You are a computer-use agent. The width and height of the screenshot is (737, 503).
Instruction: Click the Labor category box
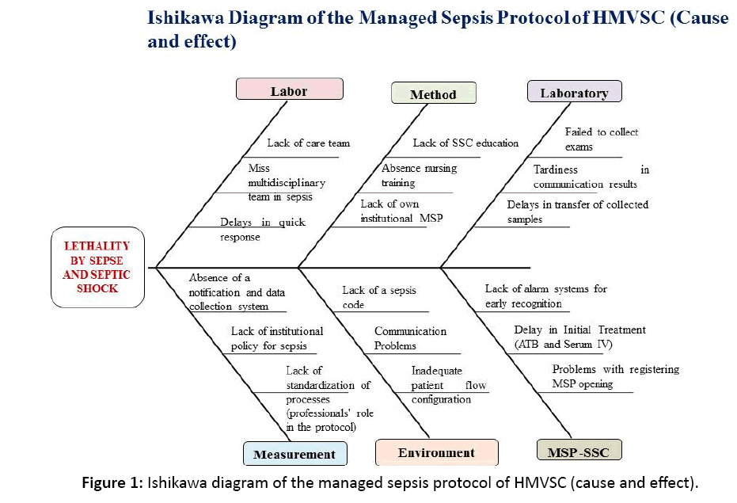(x=289, y=90)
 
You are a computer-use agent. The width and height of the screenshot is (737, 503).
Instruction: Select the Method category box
(x=433, y=94)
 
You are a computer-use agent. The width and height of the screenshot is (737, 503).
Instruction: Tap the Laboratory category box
(x=574, y=93)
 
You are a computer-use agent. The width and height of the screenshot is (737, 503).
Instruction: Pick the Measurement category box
(x=294, y=454)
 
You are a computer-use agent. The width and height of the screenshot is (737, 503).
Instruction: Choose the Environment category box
(x=436, y=452)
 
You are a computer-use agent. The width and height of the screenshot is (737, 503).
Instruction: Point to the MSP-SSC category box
(x=579, y=452)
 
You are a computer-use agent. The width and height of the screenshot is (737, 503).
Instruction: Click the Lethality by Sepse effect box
(x=97, y=268)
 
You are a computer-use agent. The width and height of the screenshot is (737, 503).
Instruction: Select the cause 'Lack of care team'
(x=308, y=143)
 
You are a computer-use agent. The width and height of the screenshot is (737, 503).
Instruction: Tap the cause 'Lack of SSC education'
(x=465, y=143)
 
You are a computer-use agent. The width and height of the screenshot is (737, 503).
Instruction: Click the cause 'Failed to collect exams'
(x=601, y=139)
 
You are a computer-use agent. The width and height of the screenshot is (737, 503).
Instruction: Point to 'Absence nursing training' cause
(x=419, y=175)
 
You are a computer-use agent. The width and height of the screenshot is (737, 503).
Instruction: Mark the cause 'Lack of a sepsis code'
(x=378, y=297)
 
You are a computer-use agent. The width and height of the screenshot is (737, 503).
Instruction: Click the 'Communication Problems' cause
(x=410, y=338)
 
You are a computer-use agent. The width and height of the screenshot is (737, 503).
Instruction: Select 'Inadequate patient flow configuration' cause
(x=448, y=385)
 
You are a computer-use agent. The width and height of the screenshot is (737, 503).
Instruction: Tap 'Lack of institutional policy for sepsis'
(x=277, y=338)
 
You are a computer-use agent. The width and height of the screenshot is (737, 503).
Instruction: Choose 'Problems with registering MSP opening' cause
(x=615, y=376)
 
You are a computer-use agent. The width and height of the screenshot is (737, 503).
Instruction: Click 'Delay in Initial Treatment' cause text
(x=579, y=336)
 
